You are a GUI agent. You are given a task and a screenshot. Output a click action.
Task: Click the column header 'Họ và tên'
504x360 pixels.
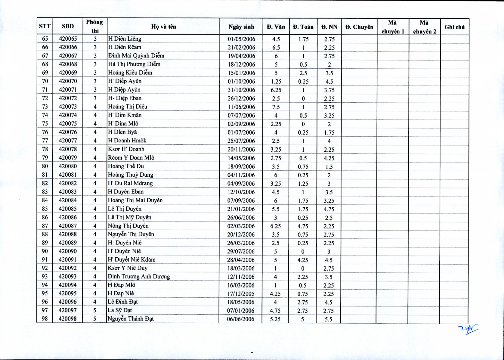163,26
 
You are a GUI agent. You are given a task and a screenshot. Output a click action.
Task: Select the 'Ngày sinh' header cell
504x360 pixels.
241,27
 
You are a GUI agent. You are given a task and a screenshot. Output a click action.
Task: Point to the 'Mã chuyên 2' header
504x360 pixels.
424,27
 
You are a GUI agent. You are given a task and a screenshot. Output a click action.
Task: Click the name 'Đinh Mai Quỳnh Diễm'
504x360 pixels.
136,56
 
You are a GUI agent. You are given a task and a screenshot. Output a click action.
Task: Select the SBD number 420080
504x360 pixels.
68,166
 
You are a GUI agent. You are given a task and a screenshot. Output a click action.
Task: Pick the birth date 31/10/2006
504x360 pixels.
241,90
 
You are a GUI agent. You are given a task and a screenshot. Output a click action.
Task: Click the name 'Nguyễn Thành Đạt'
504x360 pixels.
131,319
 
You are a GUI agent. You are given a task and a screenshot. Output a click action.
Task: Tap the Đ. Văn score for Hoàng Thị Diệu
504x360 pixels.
276,107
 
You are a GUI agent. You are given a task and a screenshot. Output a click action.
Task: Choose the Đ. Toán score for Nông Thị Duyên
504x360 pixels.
303,226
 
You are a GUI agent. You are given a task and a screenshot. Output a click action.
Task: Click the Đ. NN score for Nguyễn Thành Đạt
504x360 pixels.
328,319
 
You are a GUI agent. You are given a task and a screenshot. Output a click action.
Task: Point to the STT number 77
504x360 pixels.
45,141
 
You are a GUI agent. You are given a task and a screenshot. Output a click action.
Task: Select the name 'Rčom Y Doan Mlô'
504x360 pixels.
131,158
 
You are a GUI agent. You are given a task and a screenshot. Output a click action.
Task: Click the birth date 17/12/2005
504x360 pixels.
241,294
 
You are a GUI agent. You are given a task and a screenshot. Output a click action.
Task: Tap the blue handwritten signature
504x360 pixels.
468,329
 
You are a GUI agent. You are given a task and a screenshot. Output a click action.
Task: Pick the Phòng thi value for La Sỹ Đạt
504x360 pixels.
94,310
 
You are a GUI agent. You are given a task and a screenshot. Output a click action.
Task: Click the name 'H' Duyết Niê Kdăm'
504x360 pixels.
132,260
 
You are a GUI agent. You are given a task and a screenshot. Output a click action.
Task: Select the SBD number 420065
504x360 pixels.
68,39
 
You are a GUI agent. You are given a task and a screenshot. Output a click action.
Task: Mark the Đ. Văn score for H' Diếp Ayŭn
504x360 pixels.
276,82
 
